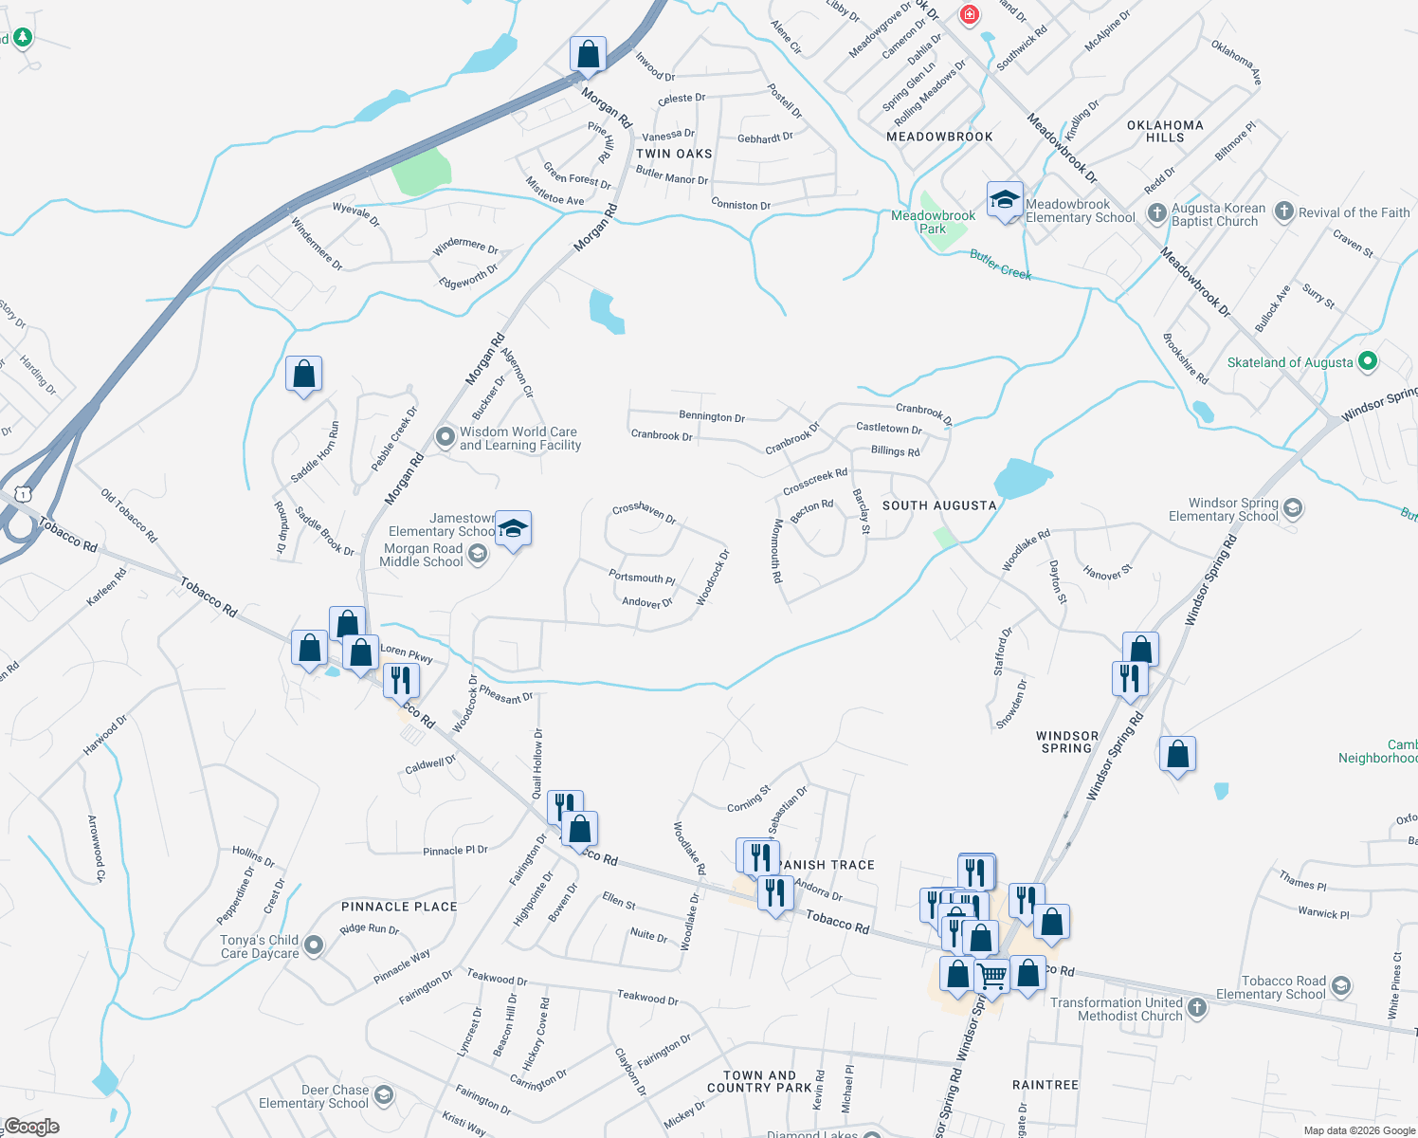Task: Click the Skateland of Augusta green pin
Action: (1367, 361)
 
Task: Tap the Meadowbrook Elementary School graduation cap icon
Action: (1005, 200)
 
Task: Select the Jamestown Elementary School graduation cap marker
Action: (513, 530)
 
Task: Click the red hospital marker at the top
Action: (969, 14)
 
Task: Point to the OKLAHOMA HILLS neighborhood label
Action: (1165, 131)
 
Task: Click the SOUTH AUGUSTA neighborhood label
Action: (939, 505)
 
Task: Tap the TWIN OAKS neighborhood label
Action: (674, 154)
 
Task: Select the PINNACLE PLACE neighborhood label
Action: (399, 907)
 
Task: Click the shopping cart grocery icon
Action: (992, 976)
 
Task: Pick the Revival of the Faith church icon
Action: (1283, 211)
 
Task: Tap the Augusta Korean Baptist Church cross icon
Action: (1156, 213)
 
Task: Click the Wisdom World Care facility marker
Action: (445, 437)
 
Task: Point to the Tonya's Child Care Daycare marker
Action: (314, 945)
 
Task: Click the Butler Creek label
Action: (1000, 265)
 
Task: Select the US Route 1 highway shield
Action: (23, 494)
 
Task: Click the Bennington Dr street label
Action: (712, 416)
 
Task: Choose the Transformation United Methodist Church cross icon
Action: (1197, 1008)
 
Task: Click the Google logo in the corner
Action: (32, 1127)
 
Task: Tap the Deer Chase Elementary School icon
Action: (383, 1095)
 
